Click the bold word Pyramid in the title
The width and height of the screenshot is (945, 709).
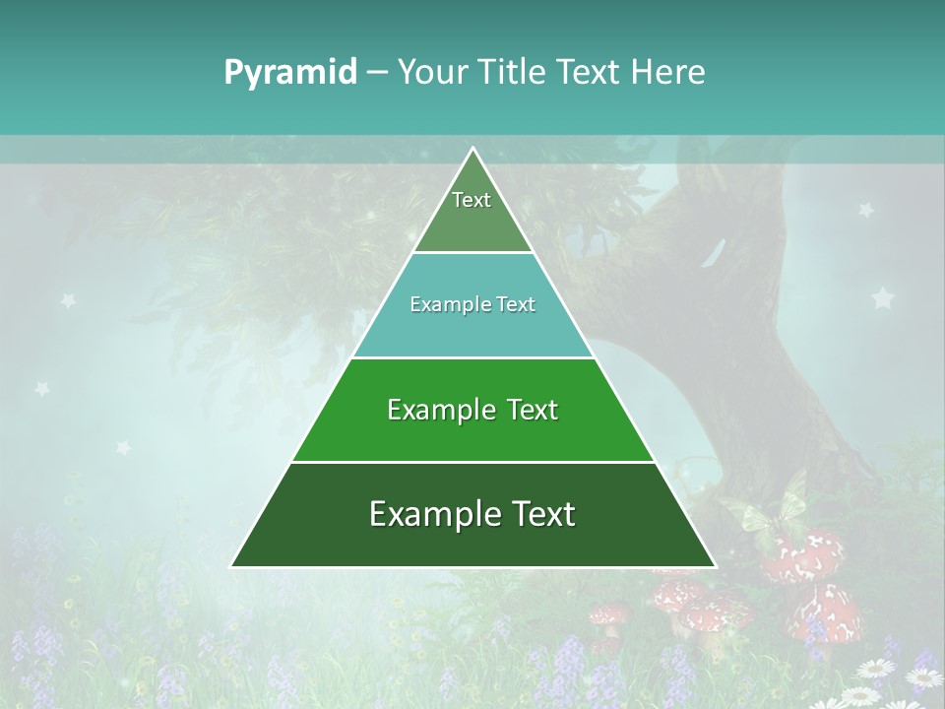point(290,73)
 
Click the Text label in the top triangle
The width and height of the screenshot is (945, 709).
point(472,200)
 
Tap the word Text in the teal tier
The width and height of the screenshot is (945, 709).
point(515,304)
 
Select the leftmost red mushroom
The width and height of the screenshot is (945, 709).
point(608,616)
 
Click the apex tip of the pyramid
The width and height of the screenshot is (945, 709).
point(472,148)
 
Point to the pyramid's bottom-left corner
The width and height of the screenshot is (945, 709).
point(231,566)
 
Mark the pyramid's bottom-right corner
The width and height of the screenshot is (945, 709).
point(716,566)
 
